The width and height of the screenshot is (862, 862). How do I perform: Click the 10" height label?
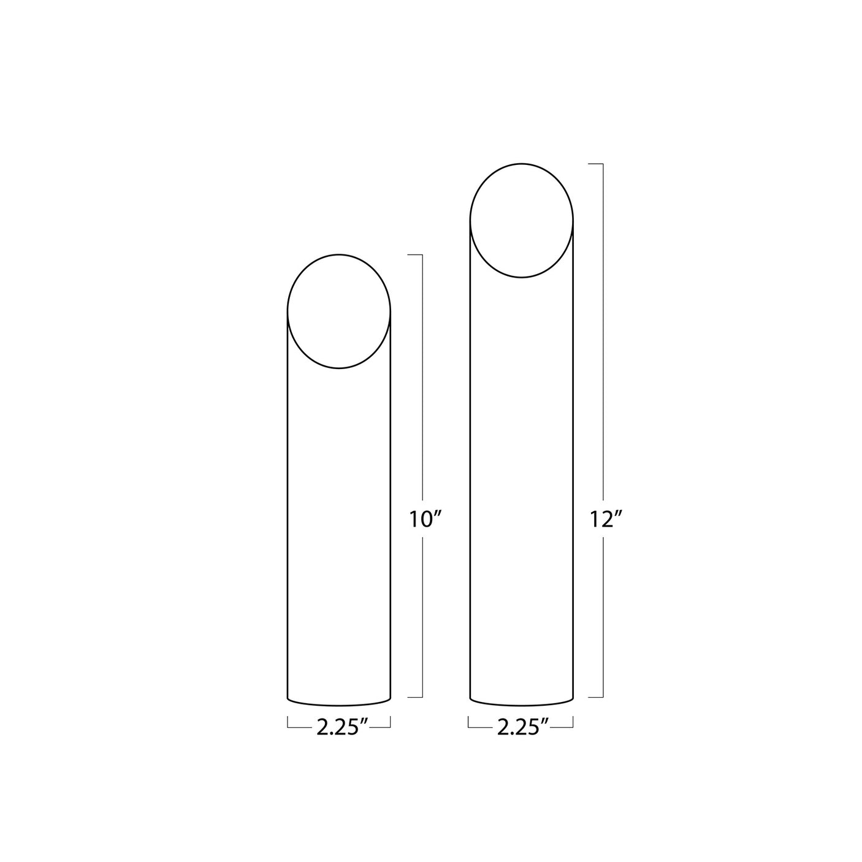(x=425, y=520)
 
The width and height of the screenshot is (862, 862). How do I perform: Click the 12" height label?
(x=606, y=520)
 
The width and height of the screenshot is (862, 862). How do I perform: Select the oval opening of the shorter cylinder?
(x=339, y=311)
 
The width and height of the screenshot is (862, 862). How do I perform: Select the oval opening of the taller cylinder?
(x=522, y=221)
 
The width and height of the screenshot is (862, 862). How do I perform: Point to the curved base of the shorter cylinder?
(x=339, y=701)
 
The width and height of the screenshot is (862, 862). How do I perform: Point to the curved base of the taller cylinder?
(x=522, y=701)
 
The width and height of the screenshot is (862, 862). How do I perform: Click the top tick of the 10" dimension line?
(x=416, y=254)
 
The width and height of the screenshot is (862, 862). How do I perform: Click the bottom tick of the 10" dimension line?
(x=416, y=697)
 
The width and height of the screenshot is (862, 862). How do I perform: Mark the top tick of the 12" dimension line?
(x=597, y=164)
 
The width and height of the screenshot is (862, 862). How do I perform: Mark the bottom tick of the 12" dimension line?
(x=597, y=697)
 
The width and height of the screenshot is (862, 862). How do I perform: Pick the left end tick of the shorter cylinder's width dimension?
(x=288, y=724)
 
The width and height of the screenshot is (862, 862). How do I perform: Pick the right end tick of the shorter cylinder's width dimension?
(x=391, y=724)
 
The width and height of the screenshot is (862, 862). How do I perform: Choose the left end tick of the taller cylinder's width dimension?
(x=469, y=724)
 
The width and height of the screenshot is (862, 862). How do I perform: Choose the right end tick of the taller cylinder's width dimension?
(x=573, y=724)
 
